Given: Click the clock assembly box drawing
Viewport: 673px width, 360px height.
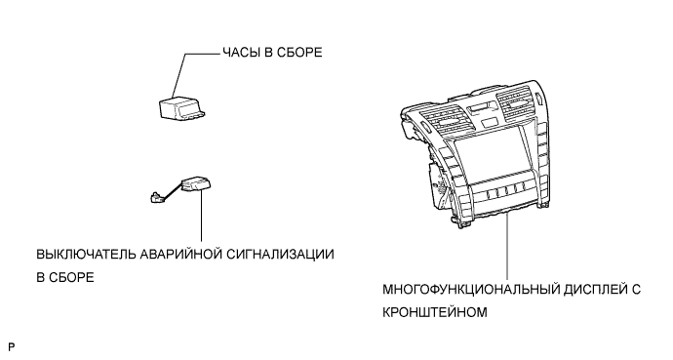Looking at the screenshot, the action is tap(181, 107).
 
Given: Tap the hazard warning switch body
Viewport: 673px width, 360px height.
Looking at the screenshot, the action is tap(196, 185).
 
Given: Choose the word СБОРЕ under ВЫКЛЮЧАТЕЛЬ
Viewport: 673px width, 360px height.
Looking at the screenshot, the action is tap(71, 278).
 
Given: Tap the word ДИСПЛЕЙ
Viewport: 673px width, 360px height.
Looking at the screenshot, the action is tap(594, 289).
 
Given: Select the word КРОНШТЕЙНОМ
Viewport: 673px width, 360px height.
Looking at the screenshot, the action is tap(435, 312).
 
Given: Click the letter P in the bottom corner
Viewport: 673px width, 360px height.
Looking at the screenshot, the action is tap(11, 346).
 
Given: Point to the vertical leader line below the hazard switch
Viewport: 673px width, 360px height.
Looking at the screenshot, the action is tap(201, 214).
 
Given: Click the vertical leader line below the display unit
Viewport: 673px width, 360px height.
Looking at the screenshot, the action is tap(507, 246).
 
